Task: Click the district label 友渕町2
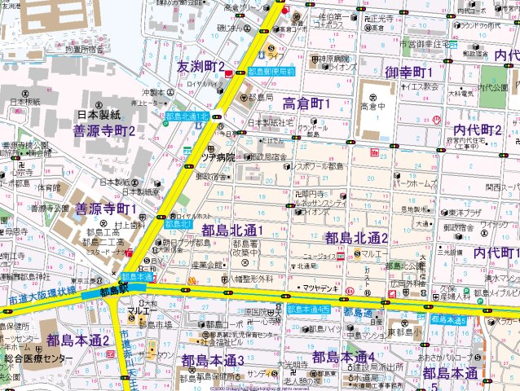201,65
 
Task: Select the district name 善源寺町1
106,210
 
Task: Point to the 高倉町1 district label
306,103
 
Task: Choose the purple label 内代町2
477,130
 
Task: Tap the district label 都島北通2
356,238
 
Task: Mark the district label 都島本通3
213,360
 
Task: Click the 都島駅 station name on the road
117,290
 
